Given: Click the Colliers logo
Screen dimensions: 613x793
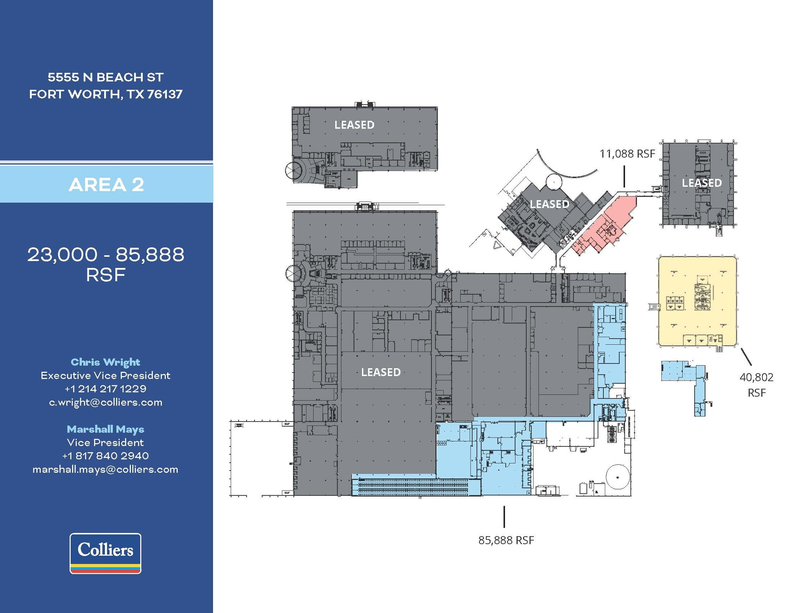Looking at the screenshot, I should tap(105, 553).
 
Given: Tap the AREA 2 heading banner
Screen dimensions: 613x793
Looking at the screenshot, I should tap(106, 184).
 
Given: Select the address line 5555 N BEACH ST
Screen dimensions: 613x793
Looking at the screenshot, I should tap(106, 77).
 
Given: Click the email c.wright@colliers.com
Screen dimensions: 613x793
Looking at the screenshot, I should tap(106, 402).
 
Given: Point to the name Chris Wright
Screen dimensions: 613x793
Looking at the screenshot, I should tap(105, 362).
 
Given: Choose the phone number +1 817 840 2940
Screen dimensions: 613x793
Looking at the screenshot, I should tap(106, 456).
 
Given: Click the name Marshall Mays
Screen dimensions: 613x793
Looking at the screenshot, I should tap(105, 429).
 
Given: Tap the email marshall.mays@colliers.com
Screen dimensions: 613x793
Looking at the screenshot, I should tap(105, 469).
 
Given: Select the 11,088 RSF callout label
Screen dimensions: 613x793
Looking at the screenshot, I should tap(627, 154).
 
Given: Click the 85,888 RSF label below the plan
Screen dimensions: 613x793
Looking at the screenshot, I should tap(506, 540).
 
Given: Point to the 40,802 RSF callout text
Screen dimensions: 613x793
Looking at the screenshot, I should tap(756, 385).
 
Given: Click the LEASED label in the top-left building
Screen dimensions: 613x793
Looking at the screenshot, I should tap(354, 125).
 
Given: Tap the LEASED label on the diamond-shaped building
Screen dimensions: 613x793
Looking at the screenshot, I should tap(549, 204).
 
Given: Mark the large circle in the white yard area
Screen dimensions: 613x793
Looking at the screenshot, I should tap(618, 477).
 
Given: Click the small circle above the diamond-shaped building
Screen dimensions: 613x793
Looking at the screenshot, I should tap(554, 181).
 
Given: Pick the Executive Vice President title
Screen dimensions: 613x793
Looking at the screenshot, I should tap(105, 376).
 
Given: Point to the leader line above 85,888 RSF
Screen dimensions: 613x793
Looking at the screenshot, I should tap(504, 517).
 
